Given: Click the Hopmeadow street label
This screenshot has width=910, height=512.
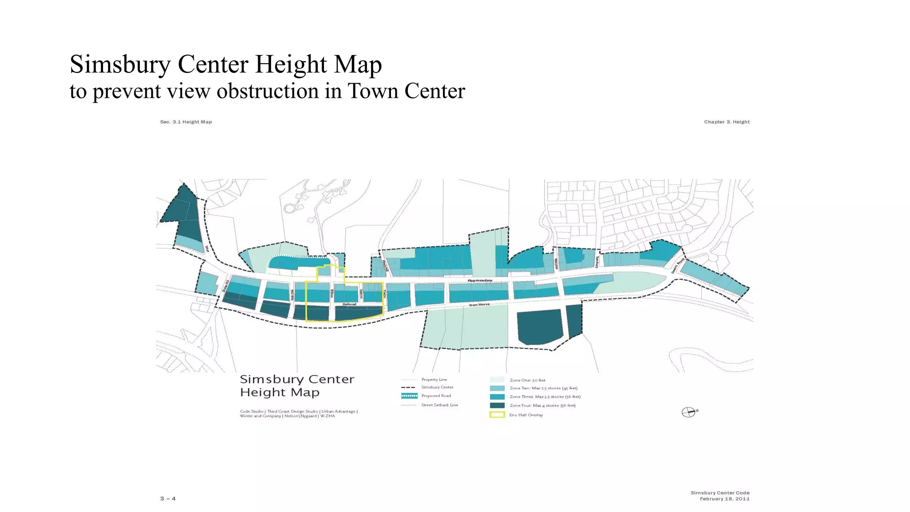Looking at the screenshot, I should click(479, 280).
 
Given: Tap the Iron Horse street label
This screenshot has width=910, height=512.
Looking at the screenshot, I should click(479, 304).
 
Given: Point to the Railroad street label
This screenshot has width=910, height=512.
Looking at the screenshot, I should click(349, 304).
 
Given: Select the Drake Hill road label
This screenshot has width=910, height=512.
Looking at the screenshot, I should click(225, 285).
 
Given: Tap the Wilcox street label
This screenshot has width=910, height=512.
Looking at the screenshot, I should click(331, 294).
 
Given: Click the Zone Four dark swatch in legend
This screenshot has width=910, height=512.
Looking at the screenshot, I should click(497, 405).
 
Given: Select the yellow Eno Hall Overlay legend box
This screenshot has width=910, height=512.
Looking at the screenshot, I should click(497, 415).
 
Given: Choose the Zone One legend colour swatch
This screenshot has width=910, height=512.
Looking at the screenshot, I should click(497, 380).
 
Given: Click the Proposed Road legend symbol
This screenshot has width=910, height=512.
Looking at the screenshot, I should click(409, 396).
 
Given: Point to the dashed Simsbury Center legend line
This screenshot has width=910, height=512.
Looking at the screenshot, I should click(408, 387).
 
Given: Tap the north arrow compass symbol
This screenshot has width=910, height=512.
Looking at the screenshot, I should click(689, 412).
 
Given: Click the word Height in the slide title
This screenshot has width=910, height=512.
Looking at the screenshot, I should click(291, 64).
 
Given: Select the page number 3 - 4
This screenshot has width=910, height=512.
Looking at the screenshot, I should click(168, 499).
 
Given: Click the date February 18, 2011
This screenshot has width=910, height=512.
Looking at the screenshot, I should click(724, 499).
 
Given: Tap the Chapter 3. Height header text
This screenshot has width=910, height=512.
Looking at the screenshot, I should click(726, 122).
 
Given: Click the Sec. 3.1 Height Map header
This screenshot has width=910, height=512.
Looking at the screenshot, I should click(186, 122).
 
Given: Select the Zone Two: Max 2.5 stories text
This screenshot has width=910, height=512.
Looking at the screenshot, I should click(543, 388).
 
